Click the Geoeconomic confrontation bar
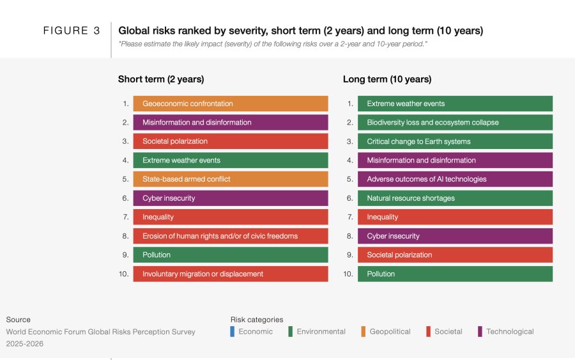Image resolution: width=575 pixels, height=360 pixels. click(x=230, y=104)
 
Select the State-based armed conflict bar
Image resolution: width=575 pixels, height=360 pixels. click(x=230, y=179)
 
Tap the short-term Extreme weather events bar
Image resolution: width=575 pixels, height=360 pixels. click(x=230, y=160)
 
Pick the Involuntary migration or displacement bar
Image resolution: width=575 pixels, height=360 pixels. click(x=230, y=274)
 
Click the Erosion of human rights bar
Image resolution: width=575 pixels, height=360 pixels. click(x=230, y=236)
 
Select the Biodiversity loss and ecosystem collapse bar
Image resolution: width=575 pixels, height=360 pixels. click(x=455, y=122)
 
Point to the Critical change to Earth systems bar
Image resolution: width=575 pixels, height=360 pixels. click(x=455, y=141)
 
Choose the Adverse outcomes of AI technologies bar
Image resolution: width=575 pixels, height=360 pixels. click(x=455, y=179)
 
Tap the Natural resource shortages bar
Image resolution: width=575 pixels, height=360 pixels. click(x=455, y=198)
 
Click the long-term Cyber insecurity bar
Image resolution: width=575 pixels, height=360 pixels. click(x=455, y=236)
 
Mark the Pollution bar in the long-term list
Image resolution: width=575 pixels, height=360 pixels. click(x=455, y=274)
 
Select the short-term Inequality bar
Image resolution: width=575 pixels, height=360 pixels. click(x=230, y=217)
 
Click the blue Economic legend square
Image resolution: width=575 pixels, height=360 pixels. click(x=233, y=331)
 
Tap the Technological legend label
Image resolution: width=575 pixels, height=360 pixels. click(x=509, y=331)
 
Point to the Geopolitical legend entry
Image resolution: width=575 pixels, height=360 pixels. click(x=390, y=331)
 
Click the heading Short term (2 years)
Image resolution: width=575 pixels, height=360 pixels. click(x=161, y=79)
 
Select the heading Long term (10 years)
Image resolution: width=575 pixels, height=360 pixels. click(x=387, y=79)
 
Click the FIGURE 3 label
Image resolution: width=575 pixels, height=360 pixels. click(x=72, y=31)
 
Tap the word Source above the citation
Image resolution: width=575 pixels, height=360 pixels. click(x=19, y=320)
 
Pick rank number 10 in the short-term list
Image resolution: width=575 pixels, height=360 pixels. click(x=123, y=274)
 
